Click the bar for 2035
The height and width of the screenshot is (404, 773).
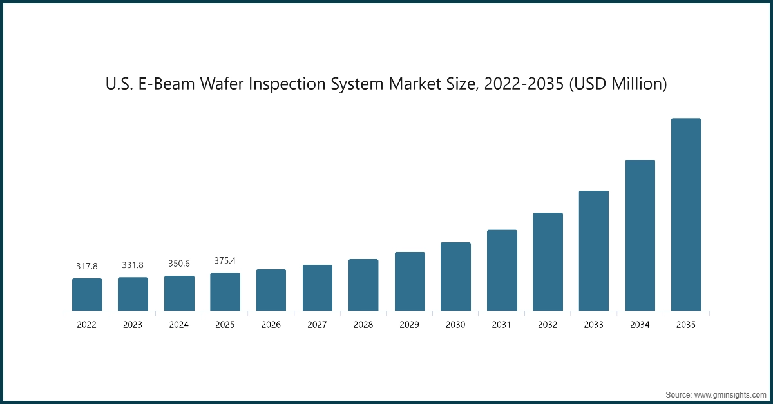click(x=686, y=215)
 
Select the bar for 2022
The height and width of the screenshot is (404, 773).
click(x=87, y=294)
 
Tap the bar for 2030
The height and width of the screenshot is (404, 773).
click(x=455, y=276)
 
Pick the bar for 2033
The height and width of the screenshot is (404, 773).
click(x=594, y=251)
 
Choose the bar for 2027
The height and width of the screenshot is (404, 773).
click(x=318, y=287)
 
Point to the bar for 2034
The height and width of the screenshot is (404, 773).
click(x=640, y=235)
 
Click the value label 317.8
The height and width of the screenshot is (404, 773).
click(x=87, y=265)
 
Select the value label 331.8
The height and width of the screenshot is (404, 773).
click(x=133, y=265)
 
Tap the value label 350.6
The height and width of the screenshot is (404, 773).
click(x=179, y=264)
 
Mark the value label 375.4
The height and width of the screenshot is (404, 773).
click(x=225, y=260)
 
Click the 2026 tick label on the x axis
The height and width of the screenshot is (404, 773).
click(x=271, y=325)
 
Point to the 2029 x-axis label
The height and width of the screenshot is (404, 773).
click(x=409, y=325)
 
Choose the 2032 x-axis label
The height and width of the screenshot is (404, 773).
click(x=548, y=325)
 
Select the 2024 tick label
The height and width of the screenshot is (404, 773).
click(x=179, y=325)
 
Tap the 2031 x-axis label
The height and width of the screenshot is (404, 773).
click(x=502, y=325)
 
